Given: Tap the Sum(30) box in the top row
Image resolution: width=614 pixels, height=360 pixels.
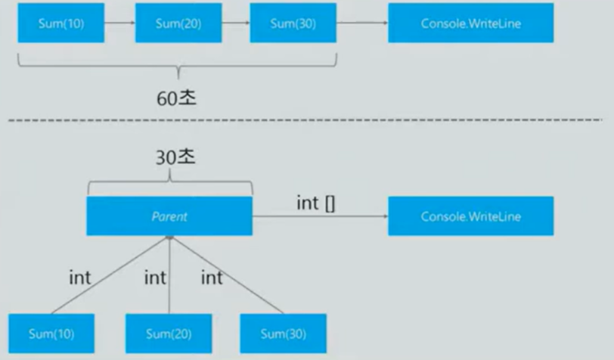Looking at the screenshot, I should [293, 23].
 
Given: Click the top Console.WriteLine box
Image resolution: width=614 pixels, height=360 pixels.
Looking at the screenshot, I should [470, 23].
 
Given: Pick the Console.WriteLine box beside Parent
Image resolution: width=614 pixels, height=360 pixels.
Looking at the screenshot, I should [470, 216].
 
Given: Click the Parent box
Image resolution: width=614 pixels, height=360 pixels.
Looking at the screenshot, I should [170, 216].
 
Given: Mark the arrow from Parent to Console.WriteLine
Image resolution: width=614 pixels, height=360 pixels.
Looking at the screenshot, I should [320, 216].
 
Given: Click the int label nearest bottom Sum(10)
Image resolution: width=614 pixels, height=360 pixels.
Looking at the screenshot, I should [80, 278].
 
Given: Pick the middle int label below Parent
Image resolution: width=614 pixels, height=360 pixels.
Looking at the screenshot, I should [155, 278].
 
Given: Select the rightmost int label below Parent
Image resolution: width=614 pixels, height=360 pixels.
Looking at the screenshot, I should [212, 278].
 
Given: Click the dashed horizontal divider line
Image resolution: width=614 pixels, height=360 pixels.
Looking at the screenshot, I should [302, 119].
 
